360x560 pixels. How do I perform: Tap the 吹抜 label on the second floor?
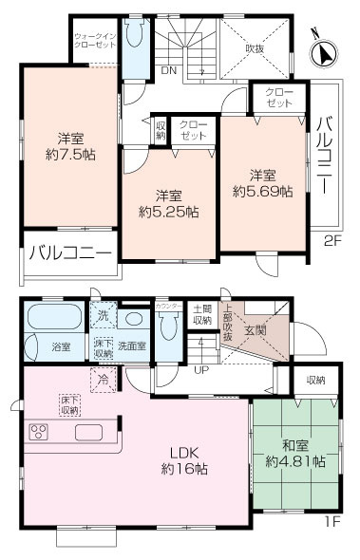255,48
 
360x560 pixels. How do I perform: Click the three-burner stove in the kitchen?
41,433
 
